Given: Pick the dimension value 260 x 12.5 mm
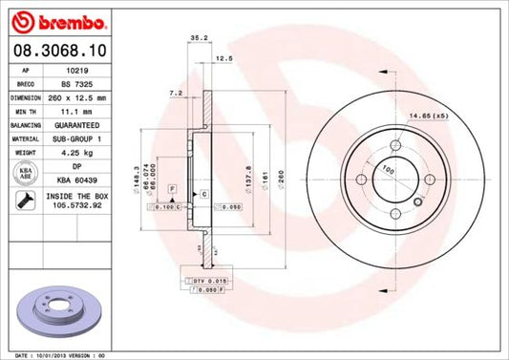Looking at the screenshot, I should [80, 96].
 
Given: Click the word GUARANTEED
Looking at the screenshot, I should [80, 123].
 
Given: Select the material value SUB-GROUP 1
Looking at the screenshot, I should [80, 137].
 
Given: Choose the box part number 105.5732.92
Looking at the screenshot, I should [80, 202].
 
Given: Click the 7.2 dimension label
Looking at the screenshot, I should [175, 94].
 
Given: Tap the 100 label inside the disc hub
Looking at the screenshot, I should [388, 169].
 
